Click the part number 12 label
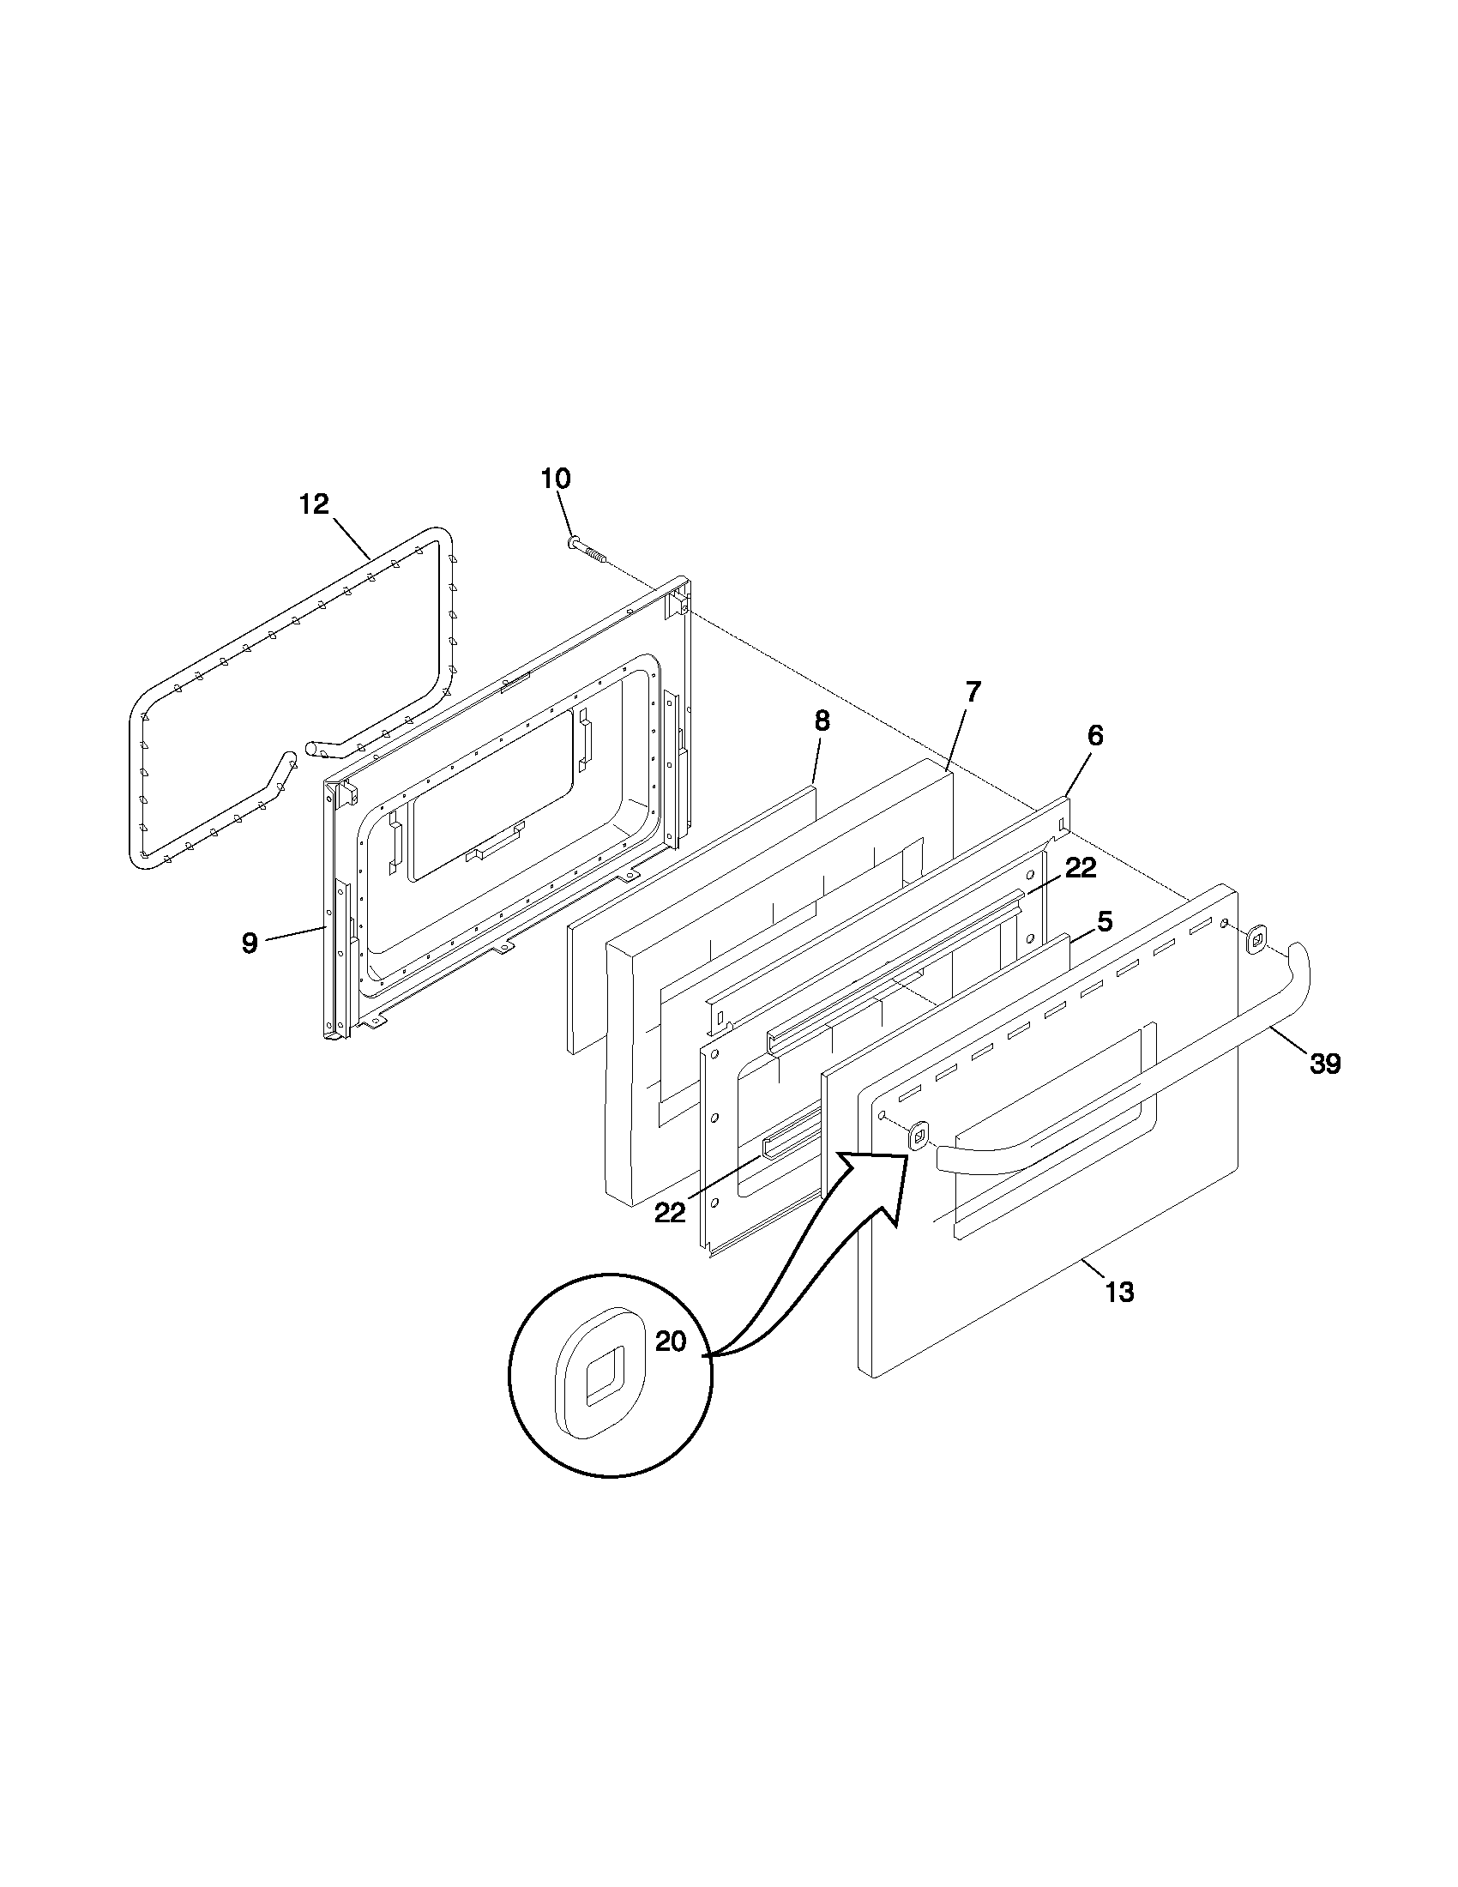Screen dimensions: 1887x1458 pyautogui.click(x=315, y=504)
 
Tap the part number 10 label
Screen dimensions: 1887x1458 pyautogui.click(x=556, y=478)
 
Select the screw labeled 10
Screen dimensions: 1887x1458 pyautogui.click(x=587, y=550)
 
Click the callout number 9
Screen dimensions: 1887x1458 pyautogui.click(x=250, y=944)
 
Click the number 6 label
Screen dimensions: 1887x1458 pyautogui.click(x=1095, y=736)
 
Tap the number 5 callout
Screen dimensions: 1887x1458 pyautogui.click(x=1105, y=922)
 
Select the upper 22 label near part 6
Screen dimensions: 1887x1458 pyautogui.click(x=1080, y=869)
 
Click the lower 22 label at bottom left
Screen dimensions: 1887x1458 pyautogui.click(x=670, y=1213)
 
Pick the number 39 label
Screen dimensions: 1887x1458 pyautogui.click(x=1325, y=1064)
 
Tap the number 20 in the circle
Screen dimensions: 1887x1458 pyautogui.click(x=671, y=1341)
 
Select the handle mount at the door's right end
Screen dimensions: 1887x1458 pyautogui.click(x=1256, y=938)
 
